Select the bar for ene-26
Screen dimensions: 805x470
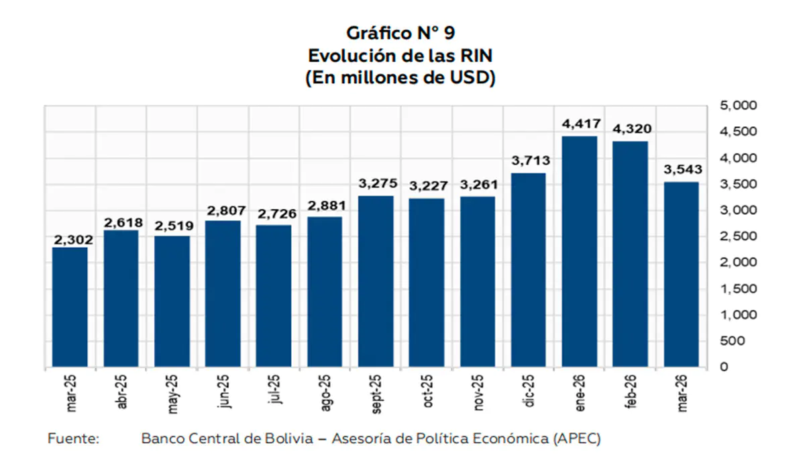pyautogui.click(x=580, y=251)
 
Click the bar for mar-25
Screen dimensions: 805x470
pyautogui.click(x=70, y=307)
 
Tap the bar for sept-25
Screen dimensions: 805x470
pyautogui.click(x=376, y=281)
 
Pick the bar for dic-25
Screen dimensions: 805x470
pyautogui.click(x=529, y=270)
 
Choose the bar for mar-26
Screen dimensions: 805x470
pyautogui.click(x=682, y=275)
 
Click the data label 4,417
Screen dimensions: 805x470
pyautogui.click(x=581, y=124)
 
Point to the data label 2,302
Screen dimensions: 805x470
pyautogui.click(x=73, y=240)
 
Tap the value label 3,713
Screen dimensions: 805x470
pyautogui.click(x=531, y=160)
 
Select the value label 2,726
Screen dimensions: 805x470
pyautogui.click(x=277, y=214)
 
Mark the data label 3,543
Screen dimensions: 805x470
pyautogui.click(x=683, y=169)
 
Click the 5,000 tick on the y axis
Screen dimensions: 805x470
pyautogui.click(x=738, y=105)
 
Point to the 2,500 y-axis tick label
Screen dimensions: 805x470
pyautogui.click(x=738, y=236)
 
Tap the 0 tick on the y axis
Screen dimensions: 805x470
pyautogui.click(x=724, y=367)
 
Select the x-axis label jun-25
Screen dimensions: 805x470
pyautogui.click(x=223, y=391)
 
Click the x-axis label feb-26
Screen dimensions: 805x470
pyautogui.click(x=631, y=391)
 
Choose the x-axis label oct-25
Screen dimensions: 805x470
pyautogui.click(x=427, y=391)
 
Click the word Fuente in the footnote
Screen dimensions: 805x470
pyautogui.click(x=73, y=438)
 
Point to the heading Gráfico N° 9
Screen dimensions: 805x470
pyautogui.click(x=400, y=33)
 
